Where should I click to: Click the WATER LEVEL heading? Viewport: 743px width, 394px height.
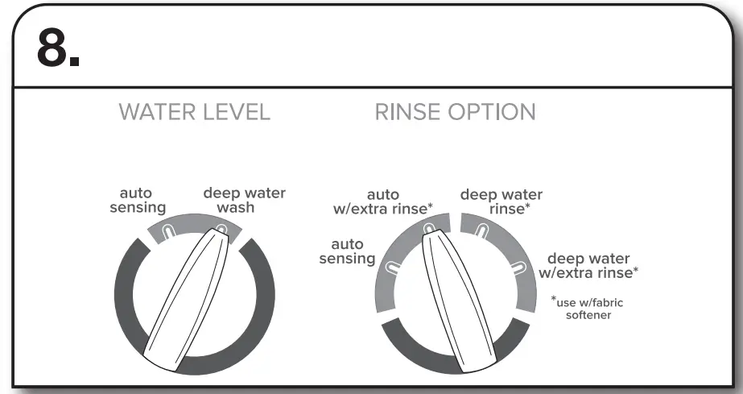[x=194, y=113]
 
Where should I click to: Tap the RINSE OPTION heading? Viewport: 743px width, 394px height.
[x=455, y=113]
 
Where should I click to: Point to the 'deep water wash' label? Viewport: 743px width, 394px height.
[x=244, y=200]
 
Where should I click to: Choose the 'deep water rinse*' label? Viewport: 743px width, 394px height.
[x=501, y=201]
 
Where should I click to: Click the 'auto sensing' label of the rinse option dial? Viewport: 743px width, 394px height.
[x=347, y=251]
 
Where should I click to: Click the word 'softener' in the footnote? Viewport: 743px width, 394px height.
[x=588, y=315]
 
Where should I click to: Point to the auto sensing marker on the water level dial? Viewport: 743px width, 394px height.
[x=167, y=231]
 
